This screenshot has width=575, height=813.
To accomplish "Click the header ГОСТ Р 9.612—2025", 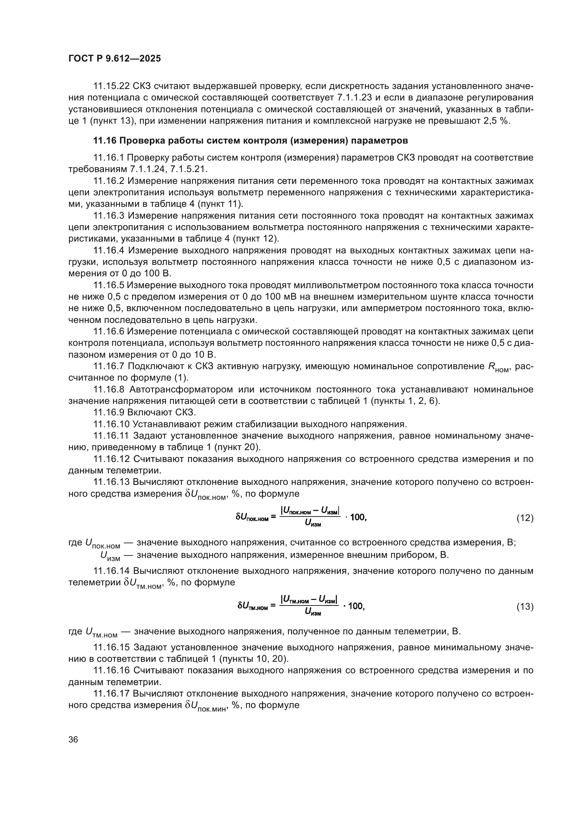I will [114, 58].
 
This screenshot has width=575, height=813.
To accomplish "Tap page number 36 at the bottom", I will [73, 740].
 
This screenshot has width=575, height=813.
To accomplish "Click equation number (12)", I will [525, 518].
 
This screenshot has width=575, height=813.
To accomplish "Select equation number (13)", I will [525, 607].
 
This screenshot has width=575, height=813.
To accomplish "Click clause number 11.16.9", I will [109, 413].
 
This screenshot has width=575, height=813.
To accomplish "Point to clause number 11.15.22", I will [112, 86].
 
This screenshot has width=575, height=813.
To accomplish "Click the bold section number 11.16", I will [105, 140].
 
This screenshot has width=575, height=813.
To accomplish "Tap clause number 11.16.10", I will [111, 424].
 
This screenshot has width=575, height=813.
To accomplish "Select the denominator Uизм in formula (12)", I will [312, 524].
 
